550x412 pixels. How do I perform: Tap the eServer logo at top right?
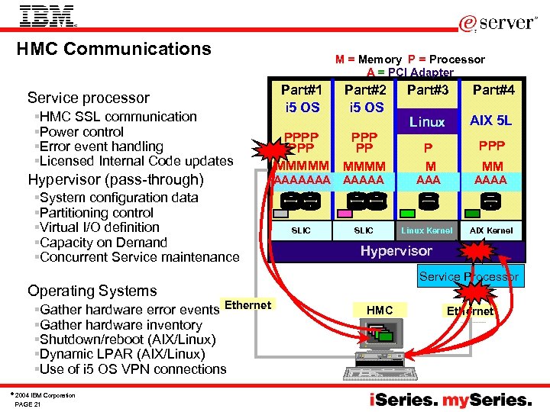497,23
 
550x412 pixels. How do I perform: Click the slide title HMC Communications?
114,49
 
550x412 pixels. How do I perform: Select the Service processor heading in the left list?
88,98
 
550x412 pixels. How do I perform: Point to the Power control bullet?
81,131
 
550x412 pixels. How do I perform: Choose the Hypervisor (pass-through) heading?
115,180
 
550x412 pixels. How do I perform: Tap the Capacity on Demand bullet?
102,243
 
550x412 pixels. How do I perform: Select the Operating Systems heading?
92,291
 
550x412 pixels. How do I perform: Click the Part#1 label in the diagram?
301,89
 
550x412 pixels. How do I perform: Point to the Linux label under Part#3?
427,122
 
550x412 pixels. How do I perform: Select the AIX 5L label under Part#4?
491,121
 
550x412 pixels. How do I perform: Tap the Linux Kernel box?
427,230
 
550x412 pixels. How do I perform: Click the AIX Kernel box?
491,230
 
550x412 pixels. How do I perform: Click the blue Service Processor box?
468,277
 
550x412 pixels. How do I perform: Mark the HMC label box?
380,310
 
